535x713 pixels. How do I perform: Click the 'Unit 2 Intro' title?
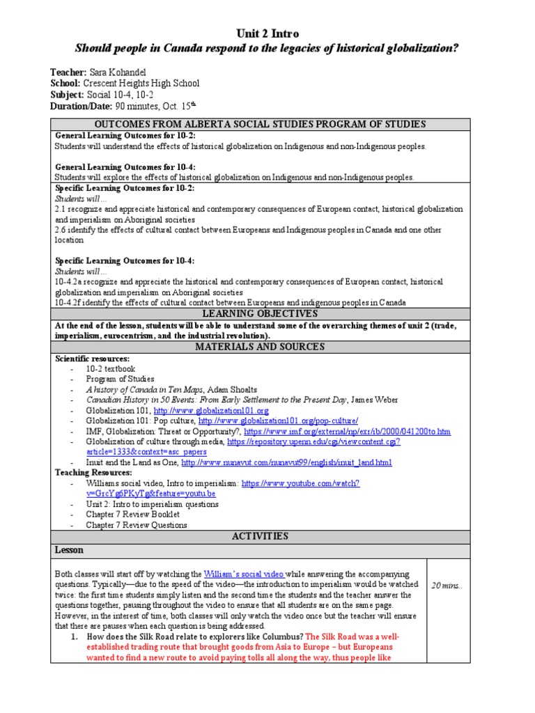267,33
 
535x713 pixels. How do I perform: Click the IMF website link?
346,432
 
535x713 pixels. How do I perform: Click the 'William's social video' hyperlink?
244,574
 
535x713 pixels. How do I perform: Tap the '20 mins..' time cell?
447,586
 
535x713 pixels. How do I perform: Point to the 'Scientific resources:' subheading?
93,359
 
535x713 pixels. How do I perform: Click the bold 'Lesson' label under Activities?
69,550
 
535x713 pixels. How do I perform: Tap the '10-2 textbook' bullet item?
111,369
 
